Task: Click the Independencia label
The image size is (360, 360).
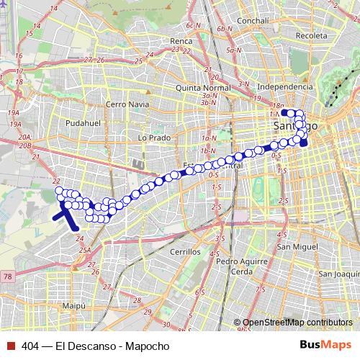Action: (289, 86)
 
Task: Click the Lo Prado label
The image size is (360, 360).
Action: (153, 137)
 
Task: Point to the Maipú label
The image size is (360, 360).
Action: (75, 306)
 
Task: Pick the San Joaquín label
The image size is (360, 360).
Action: (339, 274)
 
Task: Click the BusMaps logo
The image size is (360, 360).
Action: (330, 346)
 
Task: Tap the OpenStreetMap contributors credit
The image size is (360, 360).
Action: (299, 322)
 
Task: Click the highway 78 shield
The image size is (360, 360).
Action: (8, 276)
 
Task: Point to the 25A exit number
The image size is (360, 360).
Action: (86, 251)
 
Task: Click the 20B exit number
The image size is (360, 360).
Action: (27, 145)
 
